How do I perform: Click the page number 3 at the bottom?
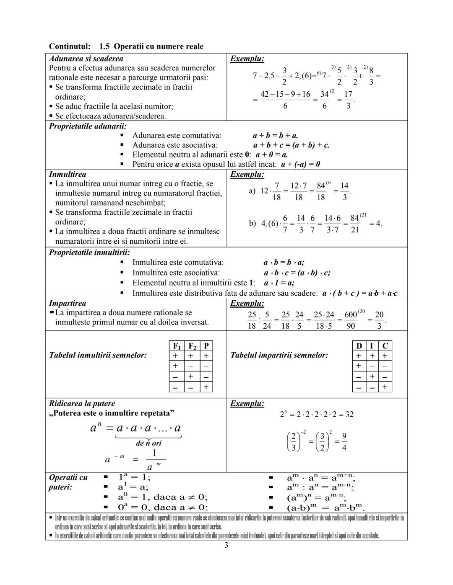click(226, 545)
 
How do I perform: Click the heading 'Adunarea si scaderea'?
click(86, 59)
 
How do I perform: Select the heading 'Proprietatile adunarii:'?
click(88, 126)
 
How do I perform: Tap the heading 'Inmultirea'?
click(68, 174)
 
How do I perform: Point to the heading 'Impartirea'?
click(68, 303)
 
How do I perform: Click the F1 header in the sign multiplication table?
click(177, 346)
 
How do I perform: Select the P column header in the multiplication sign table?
click(206, 346)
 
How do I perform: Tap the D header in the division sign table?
click(359, 346)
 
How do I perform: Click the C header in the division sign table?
click(385, 346)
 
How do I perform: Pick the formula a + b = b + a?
click(275, 136)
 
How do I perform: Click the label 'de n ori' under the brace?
click(148, 443)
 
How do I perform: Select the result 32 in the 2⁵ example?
click(349, 415)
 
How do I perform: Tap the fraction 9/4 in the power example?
click(344, 442)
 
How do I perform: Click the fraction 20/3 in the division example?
click(379, 320)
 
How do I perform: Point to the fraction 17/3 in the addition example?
click(348, 100)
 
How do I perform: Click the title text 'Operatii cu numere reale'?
click(158, 46)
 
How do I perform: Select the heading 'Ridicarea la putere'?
click(82, 404)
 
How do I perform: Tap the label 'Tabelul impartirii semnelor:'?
click(279, 355)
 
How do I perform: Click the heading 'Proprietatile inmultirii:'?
click(89, 253)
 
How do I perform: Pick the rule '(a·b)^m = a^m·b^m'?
click(325, 508)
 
